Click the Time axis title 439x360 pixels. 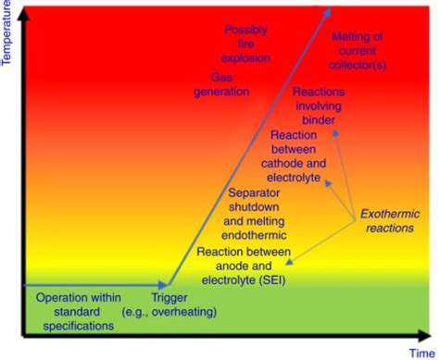(x=421, y=352)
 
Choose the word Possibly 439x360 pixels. (x=246, y=31)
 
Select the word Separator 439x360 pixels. (x=258, y=194)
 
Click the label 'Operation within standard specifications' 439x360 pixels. (x=79, y=311)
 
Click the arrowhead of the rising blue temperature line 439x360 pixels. (x=330, y=11)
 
